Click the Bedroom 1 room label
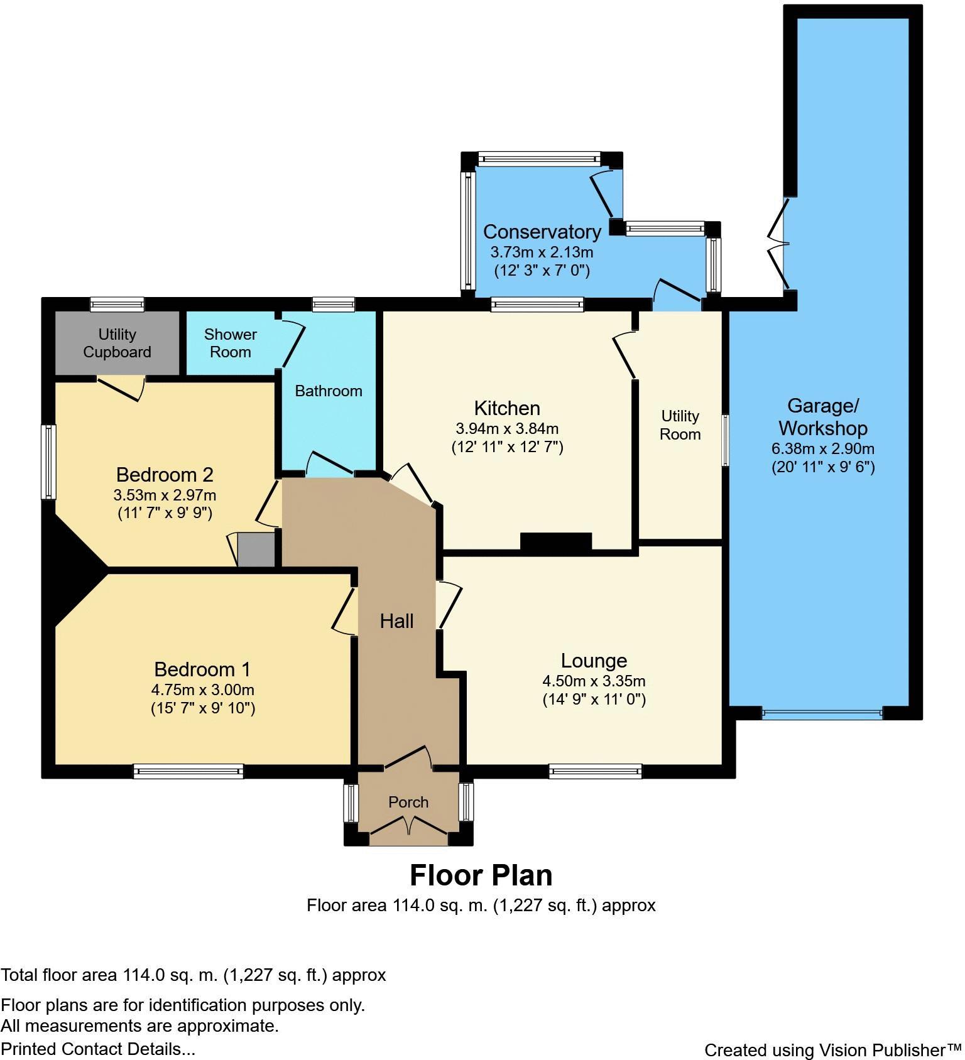click(x=202, y=669)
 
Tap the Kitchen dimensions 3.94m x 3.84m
click(x=507, y=429)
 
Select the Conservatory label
click(x=542, y=232)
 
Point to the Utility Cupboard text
click(x=117, y=343)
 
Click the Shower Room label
click(x=230, y=343)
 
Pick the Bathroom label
click(x=328, y=391)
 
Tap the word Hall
click(x=396, y=621)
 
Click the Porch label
click(x=408, y=802)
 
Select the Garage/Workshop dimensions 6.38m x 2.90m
click(x=822, y=449)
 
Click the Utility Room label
click(x=680, y=425)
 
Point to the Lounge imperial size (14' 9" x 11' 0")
click(x=594, y=700)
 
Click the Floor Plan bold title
click(x=481, y=875)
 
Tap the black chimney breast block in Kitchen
click(x=556, y=542)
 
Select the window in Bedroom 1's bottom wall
click(x=188, y=771)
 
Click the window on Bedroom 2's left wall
click(x=48, y=462)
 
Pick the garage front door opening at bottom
click(x=822, y=713)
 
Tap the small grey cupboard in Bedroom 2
click(x=256, y=549)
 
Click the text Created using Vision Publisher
click(x=832, y=1050)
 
